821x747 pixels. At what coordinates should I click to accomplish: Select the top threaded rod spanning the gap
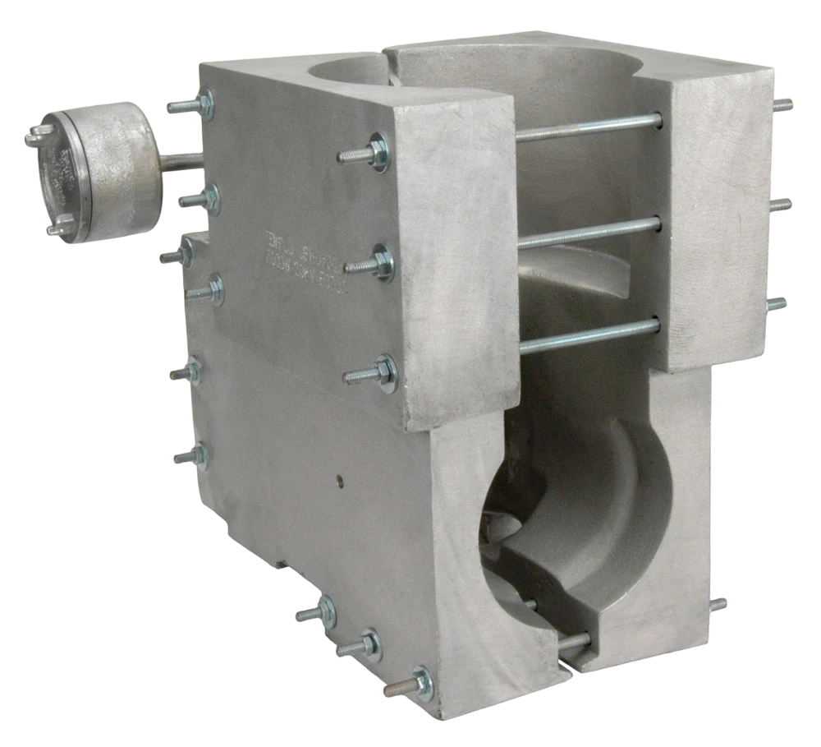pyautogui.click(x=588, y=127)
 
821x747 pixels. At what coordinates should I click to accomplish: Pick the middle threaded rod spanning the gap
pyautogui.click(x=588, y=233)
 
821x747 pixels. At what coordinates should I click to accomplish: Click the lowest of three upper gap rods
pyautogui.click(x=588, y=336)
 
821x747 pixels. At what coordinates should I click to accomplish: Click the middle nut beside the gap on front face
pyautogui.click(x=380, y=263)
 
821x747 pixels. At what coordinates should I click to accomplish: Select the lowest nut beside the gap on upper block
pyautogui.click(x=383, y=373)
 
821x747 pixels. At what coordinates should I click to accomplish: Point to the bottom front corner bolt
pyautogui.click(x=419, y=683)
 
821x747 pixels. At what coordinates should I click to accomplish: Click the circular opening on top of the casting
pyautogui.click(x=349, y=66)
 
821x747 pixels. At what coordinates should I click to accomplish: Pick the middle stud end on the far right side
pyautogui.click(x=780, y=205)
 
